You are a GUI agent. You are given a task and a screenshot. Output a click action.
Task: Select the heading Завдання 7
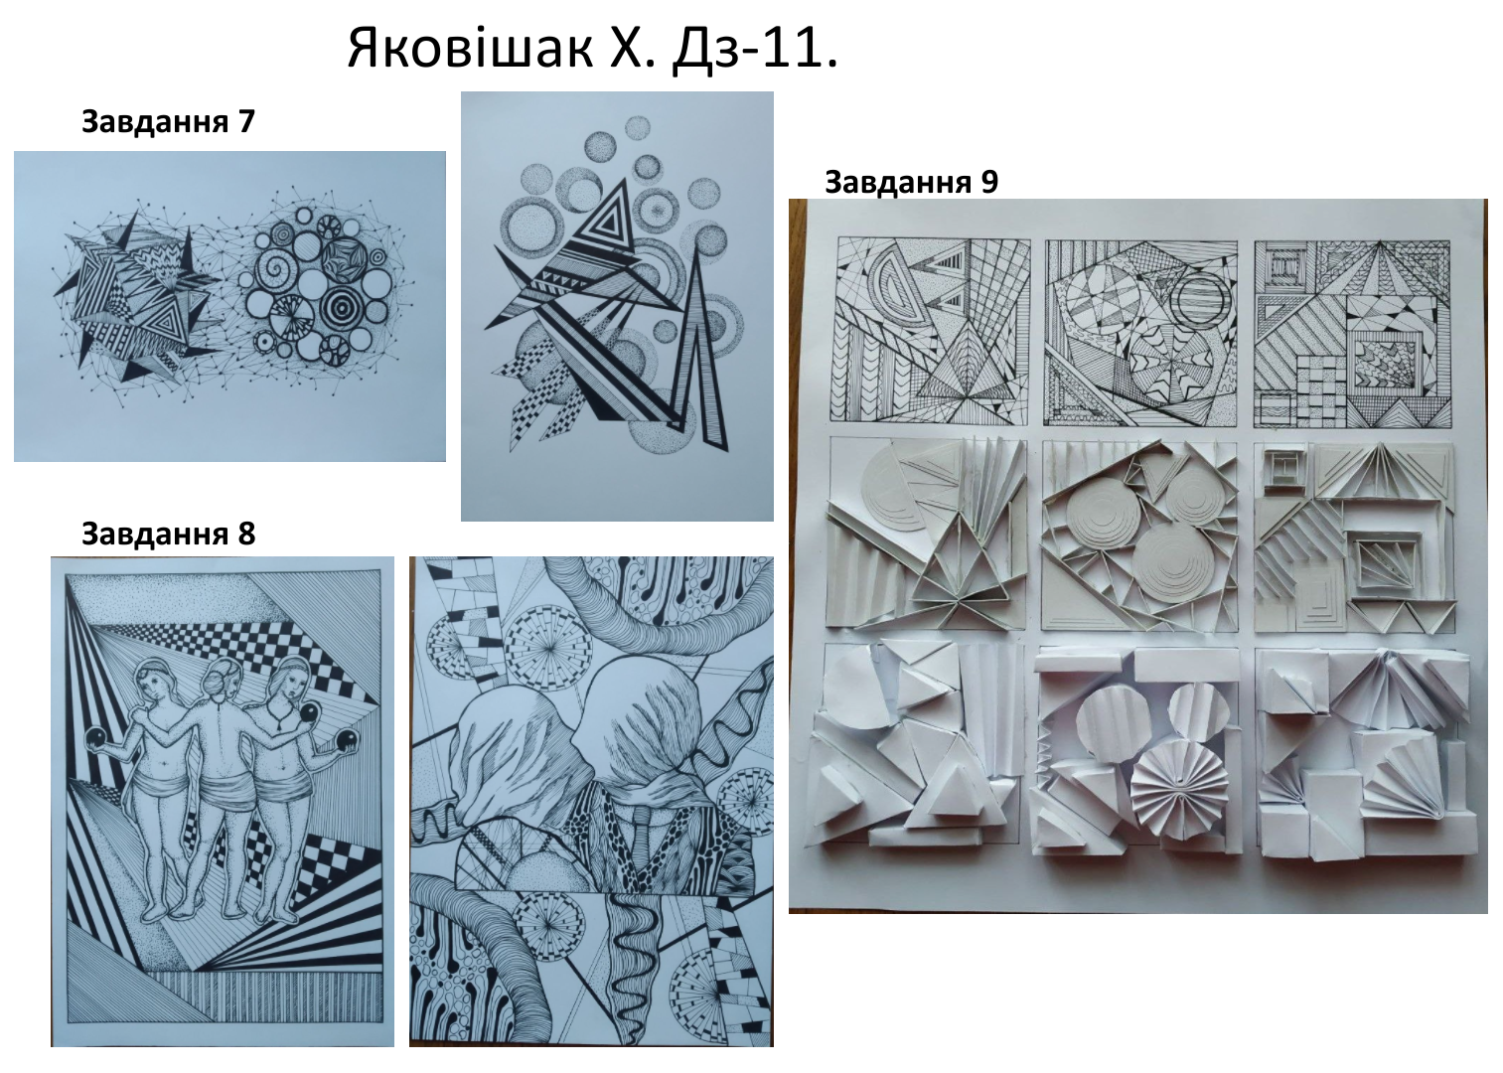[x=168, y=122]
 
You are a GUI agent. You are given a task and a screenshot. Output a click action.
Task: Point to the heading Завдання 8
[x=168, y=534]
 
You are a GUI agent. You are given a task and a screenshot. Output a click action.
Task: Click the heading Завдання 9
[x=911, y=182]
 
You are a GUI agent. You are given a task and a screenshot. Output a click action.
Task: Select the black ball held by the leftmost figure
[x=98, y=736]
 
